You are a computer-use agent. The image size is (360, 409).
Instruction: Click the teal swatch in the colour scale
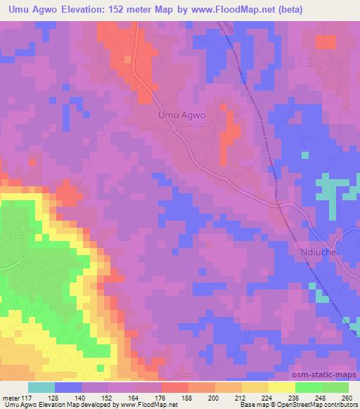(x=41, y=387)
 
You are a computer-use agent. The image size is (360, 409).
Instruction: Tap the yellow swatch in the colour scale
(x=282, y=387)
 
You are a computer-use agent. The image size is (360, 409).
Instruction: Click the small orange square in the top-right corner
(x=326, y=41)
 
